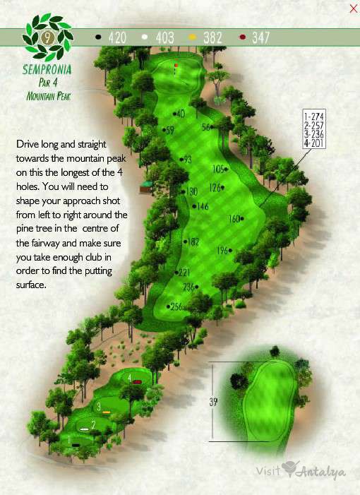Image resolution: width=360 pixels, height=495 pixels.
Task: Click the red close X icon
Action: click(353, 8)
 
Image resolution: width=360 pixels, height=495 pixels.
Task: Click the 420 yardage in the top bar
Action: click(116, 37)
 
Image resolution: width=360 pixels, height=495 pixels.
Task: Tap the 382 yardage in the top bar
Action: click(213, 37)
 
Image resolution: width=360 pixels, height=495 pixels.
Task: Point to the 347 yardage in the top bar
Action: click(260, 37)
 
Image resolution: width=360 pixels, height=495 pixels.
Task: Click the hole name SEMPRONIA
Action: click(48, 71)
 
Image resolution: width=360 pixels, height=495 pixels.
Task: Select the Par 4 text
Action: click(48, 83)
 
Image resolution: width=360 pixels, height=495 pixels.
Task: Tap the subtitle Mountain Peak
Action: click(48, 95)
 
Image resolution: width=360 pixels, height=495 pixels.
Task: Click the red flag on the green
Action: click(175, 66)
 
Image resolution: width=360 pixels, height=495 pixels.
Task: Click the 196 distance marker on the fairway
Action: click(224, 251)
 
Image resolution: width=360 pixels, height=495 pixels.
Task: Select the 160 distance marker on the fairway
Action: click(236, 219)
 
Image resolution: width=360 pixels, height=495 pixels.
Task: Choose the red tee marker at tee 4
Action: click(138, 381)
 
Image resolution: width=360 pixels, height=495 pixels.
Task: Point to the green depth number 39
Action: click(213, 402)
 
